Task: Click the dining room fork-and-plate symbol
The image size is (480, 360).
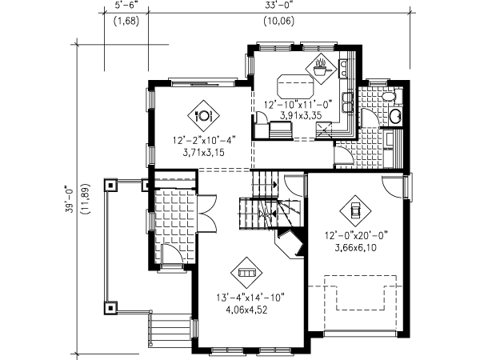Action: (203, 116)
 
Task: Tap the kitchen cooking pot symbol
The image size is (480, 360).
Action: (321, 68)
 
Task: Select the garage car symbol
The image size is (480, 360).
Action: (355, 211)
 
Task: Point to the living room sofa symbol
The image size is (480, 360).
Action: (246, 272)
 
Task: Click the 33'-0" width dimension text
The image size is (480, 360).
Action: (279, 6)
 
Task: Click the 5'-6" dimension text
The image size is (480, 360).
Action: (126, 6)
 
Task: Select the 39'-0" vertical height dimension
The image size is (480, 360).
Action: (70, 199)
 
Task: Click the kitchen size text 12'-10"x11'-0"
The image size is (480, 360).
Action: (298, 105)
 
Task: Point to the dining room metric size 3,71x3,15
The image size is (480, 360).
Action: (203, 152)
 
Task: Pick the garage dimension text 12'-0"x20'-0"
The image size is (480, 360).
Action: (356, 236)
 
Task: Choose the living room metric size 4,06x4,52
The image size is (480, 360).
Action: (246, 310)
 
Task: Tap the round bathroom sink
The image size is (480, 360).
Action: (396, 116)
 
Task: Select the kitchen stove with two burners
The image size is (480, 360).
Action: (343, 69)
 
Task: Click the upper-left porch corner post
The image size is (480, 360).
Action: (110, 185)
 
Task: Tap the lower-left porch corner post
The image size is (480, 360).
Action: (110, 308)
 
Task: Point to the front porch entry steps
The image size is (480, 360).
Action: (170, 330)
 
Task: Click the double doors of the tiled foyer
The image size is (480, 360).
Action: (207, 213)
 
